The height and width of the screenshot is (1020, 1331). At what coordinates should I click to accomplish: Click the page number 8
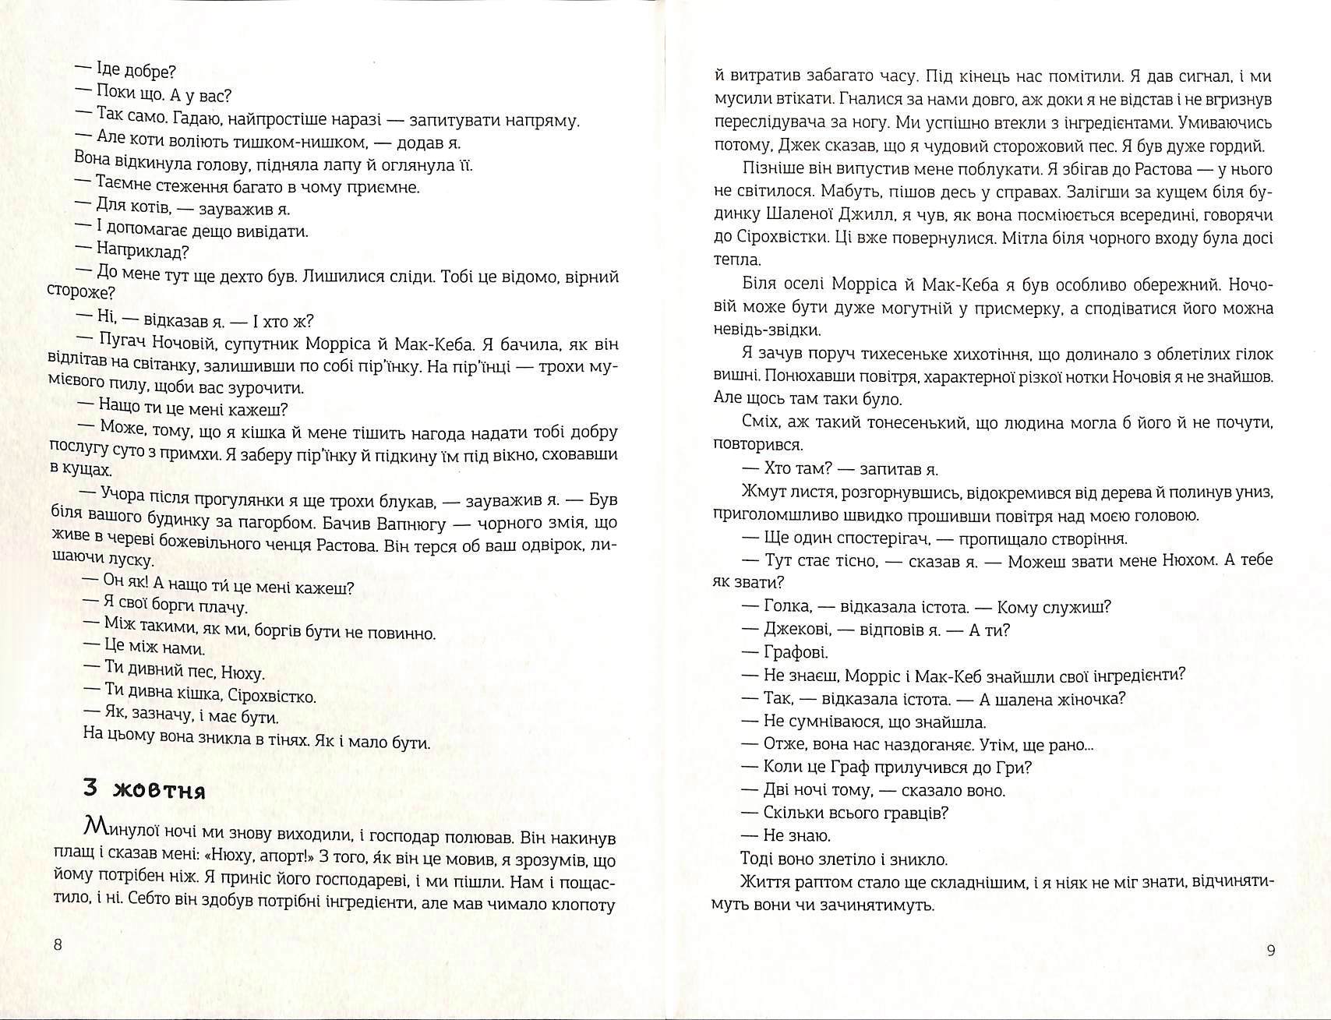[58, 945]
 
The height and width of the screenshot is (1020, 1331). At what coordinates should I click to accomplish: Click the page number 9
[1271, 951]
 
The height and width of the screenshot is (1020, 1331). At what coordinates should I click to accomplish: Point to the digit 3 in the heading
[90, 788]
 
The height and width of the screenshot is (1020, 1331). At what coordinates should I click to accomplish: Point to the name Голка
[788, 606]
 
